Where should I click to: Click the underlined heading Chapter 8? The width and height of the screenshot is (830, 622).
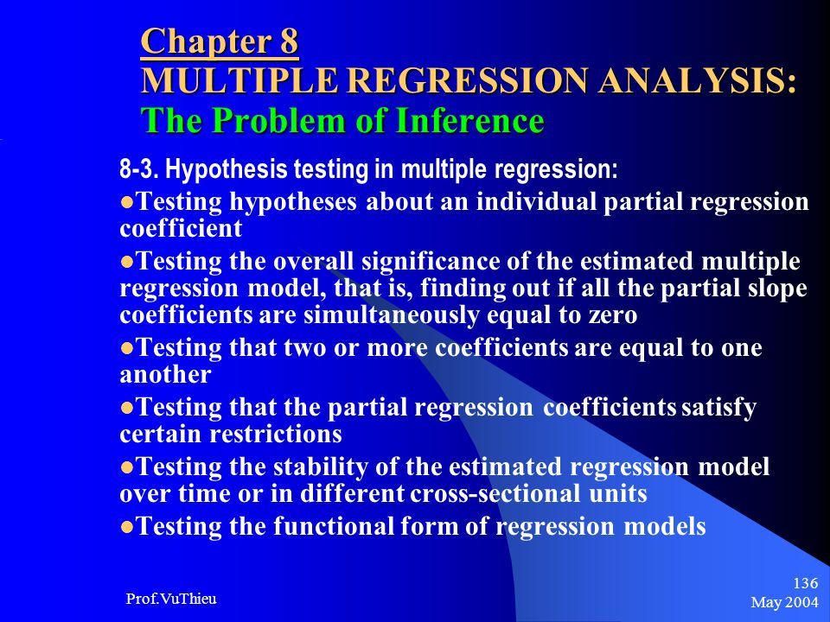220,41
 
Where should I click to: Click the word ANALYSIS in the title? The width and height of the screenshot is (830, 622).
693,80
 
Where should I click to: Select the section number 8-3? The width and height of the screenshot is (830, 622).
139,169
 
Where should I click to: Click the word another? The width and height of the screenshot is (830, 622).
166,375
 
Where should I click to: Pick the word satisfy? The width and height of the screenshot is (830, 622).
718,408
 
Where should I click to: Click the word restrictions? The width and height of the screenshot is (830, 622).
275,435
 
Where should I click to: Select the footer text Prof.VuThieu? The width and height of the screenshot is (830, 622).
171,599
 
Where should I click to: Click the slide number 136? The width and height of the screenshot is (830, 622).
805,583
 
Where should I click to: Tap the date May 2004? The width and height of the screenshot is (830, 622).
784,602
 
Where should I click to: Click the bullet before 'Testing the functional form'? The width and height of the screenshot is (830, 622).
126,527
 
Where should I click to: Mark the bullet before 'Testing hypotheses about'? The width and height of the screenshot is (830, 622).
126,202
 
